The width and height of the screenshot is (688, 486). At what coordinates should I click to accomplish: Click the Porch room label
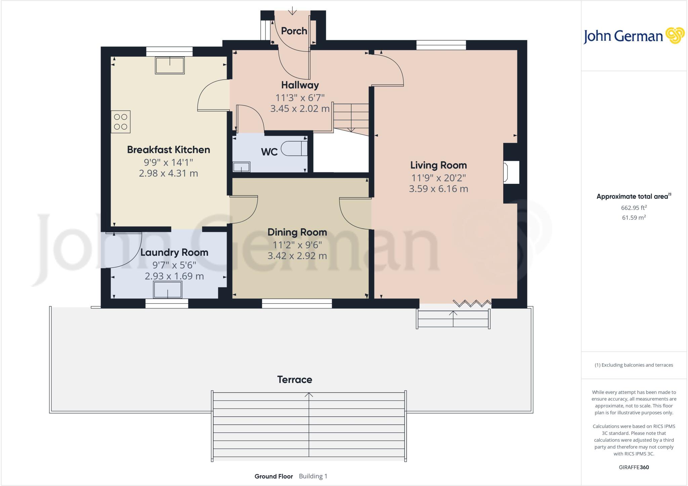point(294,31)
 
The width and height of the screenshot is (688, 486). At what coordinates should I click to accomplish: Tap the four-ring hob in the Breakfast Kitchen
point(121,122)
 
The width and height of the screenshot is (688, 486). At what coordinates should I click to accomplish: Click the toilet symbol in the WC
point(294,149)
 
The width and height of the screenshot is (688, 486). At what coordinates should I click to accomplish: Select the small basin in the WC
point(241,167)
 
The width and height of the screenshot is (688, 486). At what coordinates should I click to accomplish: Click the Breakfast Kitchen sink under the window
point(170,65)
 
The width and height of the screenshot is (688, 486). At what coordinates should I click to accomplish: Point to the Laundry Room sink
point(168,289)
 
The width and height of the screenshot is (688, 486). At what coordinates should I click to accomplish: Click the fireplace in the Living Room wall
point(511,172)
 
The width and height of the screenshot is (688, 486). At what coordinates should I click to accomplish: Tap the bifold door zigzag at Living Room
point(472,303)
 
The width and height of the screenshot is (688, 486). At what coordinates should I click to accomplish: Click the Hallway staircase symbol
point(351,118)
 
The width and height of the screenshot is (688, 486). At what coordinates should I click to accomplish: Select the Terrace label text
point(295,380)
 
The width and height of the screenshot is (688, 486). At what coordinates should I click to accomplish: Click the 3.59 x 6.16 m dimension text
point(438,189)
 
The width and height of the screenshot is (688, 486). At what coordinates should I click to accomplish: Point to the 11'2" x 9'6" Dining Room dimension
point(297,245)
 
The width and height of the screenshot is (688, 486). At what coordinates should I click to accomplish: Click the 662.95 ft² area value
point(634,208)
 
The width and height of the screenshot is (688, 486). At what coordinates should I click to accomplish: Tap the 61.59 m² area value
point(634,217)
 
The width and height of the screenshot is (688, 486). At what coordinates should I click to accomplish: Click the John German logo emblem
point(675,36)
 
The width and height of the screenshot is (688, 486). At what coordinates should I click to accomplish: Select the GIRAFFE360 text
point(634,467)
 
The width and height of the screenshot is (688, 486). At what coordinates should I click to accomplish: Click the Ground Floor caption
point(273,476)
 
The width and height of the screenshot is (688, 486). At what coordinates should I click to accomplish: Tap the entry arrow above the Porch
point(293,11)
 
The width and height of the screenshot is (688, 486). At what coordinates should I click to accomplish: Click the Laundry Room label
point(174,252)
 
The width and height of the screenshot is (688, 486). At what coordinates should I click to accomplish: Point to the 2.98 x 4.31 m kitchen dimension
point(168,173)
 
